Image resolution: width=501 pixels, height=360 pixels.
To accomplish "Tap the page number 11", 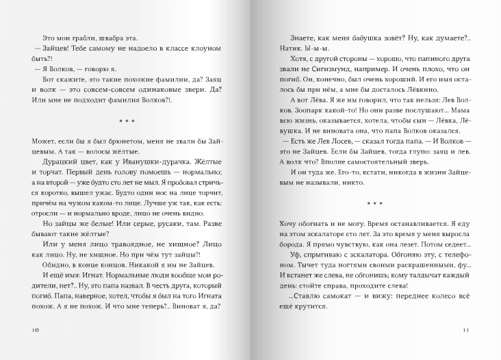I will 466,331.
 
